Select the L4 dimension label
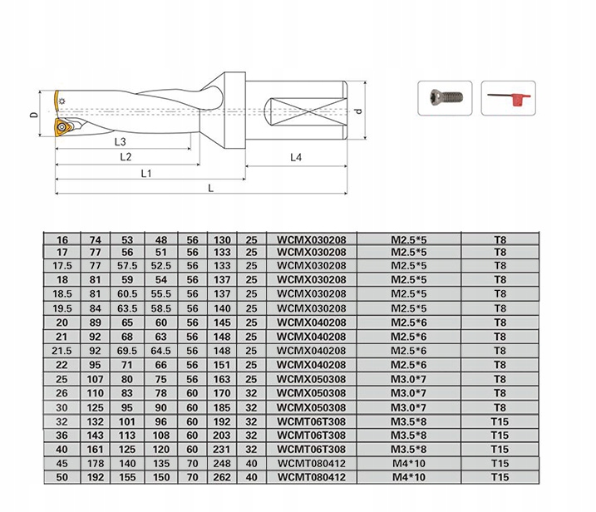297,157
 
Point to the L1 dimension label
146,173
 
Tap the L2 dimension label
125,157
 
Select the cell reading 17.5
61,266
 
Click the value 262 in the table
222,477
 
